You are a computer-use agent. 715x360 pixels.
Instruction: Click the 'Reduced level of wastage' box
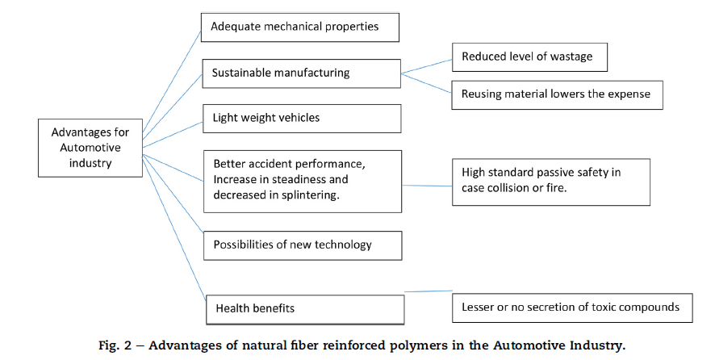tap(529, 57)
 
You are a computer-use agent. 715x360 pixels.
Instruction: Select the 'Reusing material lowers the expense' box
tap(557, 94)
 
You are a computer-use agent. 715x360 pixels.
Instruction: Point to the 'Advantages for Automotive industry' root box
tap(91, 148)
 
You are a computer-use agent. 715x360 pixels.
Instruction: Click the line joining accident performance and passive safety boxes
tap(427, 186)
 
